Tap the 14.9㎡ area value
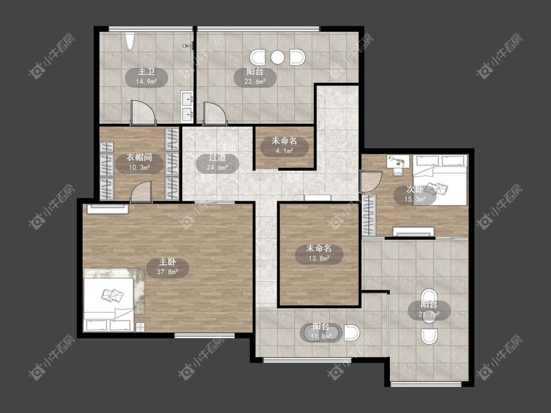(146, 82)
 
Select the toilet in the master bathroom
(130, 41)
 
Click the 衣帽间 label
(139, 158)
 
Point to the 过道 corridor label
(217, 158)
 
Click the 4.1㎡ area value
(284, 151)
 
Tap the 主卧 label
(168, 262)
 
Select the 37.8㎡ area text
(168, 272)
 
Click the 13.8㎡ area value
(319, 259)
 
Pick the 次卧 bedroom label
(415, 189)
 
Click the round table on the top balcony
(278, 58)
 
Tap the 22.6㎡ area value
(255, 82)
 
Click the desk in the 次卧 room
(398, 162)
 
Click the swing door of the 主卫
(143, 113)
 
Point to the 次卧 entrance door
(370, 182)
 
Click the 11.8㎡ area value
(321, 337)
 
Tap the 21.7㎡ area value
(429, 314)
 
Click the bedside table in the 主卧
(141, 327)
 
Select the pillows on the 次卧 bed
(436, 188)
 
